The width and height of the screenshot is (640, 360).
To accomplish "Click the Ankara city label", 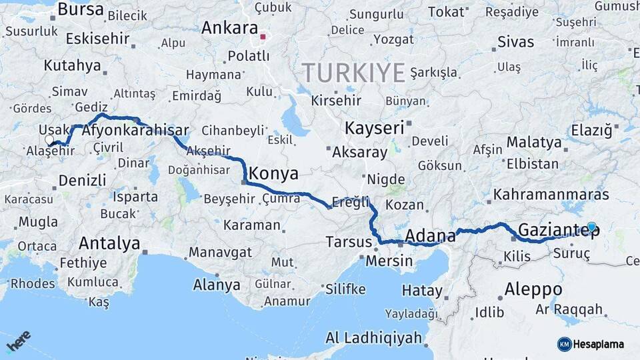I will point(229,29).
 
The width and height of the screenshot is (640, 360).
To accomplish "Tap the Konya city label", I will point(274,174).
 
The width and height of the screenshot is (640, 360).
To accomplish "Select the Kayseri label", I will point(374,127).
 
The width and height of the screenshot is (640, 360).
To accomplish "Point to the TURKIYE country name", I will point(353,72).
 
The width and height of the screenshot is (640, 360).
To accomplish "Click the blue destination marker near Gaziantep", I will point(591,227).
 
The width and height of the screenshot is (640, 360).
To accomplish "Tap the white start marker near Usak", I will point(49,140).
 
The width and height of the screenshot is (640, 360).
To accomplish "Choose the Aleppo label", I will point(533,289).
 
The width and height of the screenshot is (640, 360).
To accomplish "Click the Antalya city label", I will point(109,243).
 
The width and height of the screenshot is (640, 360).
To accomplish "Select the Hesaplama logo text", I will point(598,344).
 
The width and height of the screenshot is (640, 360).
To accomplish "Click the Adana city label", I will point(430,235).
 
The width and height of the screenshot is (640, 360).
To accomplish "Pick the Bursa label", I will point(81,9).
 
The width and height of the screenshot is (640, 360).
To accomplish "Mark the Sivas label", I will point(515,41).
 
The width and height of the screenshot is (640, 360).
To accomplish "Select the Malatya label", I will point(534,142).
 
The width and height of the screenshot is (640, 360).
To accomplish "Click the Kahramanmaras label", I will point(551,195).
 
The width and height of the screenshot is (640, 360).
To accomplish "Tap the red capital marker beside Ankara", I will point(263,37).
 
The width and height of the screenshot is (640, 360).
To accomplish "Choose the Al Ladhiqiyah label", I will point(374,337).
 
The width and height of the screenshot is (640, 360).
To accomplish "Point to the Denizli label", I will point(82,180).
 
